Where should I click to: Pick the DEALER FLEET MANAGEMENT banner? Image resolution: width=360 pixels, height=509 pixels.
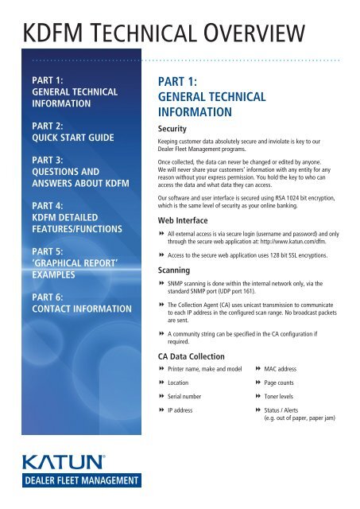click(66, 485)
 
